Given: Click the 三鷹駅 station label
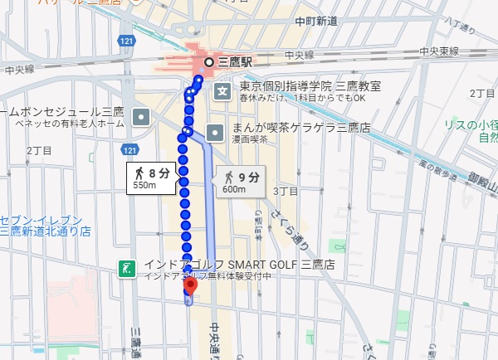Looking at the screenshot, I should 236,62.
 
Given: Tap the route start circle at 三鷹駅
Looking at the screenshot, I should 209,62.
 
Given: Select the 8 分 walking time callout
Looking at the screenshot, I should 151,173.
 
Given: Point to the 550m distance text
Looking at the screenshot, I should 144,185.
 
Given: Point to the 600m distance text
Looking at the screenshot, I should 234,189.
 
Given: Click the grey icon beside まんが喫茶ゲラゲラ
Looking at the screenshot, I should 215,132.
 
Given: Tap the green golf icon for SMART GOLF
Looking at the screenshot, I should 127,269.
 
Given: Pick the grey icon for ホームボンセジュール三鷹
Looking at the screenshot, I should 143,116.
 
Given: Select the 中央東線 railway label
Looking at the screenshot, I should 440,52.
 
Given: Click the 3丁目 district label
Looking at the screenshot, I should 286,191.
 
